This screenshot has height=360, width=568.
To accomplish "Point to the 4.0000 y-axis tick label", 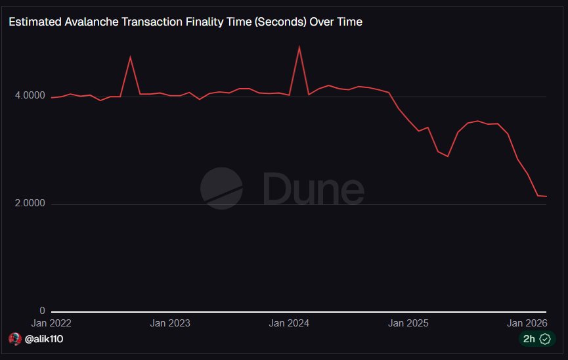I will pos(30,96).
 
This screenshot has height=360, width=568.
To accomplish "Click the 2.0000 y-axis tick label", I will pos(30,204).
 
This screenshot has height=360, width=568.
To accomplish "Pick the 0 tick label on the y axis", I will pos(43,311).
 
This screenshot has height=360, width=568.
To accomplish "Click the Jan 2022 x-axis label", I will pos(51,323).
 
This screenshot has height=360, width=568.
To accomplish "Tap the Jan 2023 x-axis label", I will pos(170,323).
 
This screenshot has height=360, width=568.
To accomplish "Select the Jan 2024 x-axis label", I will pos(289,323).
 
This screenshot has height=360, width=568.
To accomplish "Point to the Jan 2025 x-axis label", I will pos(408,323).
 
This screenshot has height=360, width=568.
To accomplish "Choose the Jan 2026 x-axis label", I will pos(527,323).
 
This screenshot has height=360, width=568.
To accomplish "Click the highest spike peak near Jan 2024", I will pos(299,47).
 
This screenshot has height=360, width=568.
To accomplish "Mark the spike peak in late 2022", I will pos(130,56).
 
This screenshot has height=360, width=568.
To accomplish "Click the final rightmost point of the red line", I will pos(546,196).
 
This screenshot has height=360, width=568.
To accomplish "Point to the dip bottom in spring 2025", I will pos(448,156).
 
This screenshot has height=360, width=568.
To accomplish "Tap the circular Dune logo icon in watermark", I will pos(221,188).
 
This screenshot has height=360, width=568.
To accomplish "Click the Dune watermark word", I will pos(313,189).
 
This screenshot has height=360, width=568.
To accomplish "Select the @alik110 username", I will pos(45,339).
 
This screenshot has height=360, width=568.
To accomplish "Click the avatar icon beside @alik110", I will pos(15,339).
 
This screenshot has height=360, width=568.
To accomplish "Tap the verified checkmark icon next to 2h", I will pos(544,339).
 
